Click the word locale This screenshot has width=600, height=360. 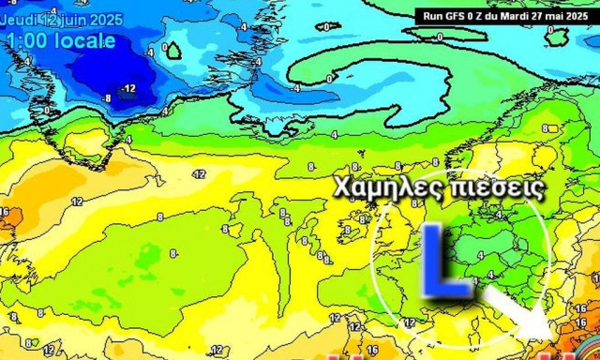85,41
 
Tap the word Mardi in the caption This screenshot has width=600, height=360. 511,15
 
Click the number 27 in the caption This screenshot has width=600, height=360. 538,15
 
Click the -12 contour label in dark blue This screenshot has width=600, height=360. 128,89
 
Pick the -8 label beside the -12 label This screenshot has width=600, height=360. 107,97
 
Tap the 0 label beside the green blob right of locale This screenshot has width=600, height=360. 166,47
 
